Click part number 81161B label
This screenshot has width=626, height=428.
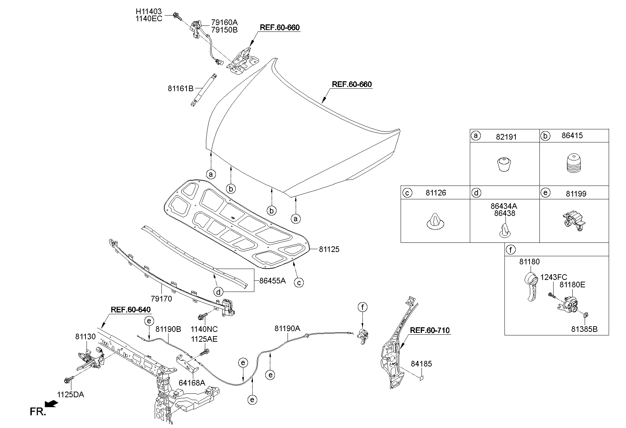point(180,88)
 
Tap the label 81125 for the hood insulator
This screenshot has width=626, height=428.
point(329,250)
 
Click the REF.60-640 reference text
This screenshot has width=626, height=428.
point(131,310)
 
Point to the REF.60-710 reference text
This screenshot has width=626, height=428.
point(430,331)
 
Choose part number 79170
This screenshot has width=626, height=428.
point(161,299)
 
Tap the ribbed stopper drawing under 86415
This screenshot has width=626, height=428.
point(574,163)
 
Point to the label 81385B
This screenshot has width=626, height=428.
point(584,329)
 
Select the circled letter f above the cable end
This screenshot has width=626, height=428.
point(362,307)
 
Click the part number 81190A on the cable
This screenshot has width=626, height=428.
point(287,329)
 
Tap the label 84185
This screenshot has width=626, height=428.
point(421,364)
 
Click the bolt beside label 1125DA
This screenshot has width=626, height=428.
point(67,380)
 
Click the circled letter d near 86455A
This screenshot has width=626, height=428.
point(219,292)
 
